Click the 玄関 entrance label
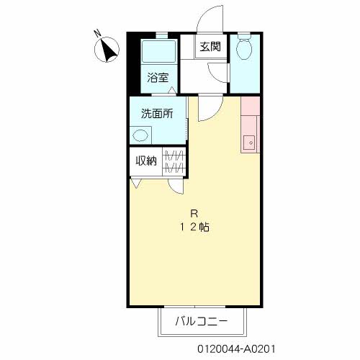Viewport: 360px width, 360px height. pyautogui.click(x=210, y=47)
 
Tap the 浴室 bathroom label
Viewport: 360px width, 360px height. pyautogui.click(x=158, y=78)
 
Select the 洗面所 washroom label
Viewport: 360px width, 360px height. pyautogui.click(x=157, y=114)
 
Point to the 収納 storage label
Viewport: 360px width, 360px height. pyautogui.click(x=146, y=161)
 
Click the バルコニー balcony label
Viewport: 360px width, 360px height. pyautogui.click(x=201, y=321)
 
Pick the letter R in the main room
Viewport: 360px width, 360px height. pyautogui.click(x=194, y=213)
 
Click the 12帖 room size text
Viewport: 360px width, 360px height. pyautogui.click(x=194, y=227)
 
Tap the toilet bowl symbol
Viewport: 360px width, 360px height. pyautogui.click(x=244, y=48)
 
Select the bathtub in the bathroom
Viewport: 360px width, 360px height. pyautogui.click(x=158, y=51)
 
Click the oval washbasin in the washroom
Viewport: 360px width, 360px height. pyautogui.click(x=140, y=135)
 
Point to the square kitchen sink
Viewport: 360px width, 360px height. pyautogui.click(x=250, y=143)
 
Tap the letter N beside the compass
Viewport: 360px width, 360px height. pyautogui.click(x=97, y=34)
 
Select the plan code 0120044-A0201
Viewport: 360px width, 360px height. pyautogui.click(x=236, y=349)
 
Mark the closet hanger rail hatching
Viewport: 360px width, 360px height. pyautogui.click(x=174, y=161)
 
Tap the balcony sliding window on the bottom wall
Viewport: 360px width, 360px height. pyautogui.click(x=195, y=307)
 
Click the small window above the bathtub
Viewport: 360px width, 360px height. pyautogui.click(x=162, y=36)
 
